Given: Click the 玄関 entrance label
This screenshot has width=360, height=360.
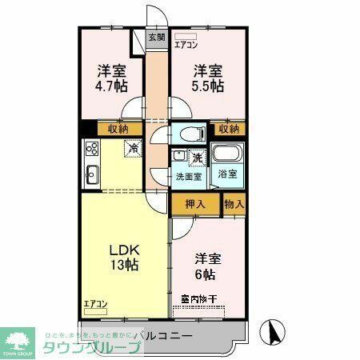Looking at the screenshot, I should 157,37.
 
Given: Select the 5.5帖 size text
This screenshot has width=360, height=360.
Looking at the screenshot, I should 207,86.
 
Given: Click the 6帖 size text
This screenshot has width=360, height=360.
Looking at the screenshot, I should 206,274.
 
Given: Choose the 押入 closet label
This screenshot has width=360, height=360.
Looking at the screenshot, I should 196,204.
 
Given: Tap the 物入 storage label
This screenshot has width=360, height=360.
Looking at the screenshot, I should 234,204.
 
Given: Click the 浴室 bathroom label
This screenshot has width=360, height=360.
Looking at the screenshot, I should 227,174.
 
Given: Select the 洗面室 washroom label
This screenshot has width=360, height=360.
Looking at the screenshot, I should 189,177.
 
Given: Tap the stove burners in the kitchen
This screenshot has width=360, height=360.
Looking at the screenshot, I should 90,148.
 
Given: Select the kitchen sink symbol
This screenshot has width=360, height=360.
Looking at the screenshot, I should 90,172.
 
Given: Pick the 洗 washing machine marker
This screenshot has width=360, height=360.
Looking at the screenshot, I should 197,157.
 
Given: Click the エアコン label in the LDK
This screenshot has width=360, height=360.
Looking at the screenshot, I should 95,304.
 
